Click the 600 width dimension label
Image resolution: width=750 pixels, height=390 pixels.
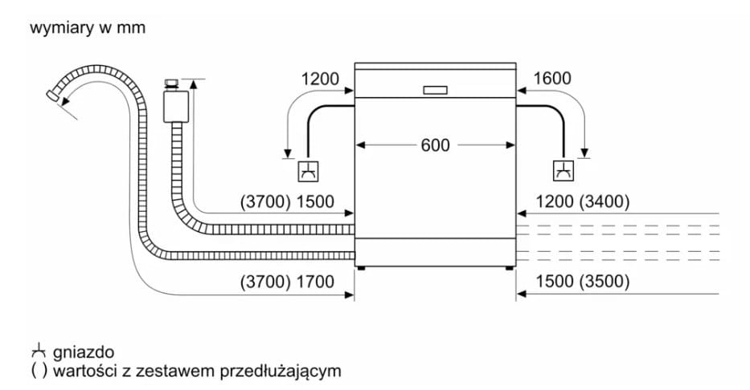[x=435, y=145]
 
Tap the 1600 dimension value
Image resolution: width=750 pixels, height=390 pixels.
[x=552, y=79]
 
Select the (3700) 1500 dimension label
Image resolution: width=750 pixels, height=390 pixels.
[x=287, y=202]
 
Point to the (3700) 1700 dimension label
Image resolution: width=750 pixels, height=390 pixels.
[x=287, y=282]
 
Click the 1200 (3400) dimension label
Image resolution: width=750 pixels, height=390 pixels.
[x=582, y=202]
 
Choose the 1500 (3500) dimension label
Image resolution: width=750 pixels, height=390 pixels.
[x=582, y=282]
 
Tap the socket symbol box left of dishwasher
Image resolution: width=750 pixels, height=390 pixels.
[x=309, y=171]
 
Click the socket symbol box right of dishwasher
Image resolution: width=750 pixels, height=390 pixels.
[x=564, y=171]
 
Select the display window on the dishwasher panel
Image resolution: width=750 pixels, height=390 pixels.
[x=435, y=90]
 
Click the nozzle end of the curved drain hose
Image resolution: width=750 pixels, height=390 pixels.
[x=52, y=95]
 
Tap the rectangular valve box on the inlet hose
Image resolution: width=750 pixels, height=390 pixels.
[x=175, y=106]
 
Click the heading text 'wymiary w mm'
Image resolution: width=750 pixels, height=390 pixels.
[x=88, y=28]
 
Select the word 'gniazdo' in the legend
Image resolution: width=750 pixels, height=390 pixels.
[x=84, y=353]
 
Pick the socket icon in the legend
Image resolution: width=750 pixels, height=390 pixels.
[x=39, y=352]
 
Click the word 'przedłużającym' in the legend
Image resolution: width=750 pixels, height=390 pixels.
[x=281, y=371]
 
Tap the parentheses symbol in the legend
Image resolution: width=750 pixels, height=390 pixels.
[x=39, y=371]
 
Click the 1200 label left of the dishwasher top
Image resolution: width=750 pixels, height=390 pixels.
[x=319, y=79]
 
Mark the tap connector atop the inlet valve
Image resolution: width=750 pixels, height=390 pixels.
[x=170, y=84]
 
